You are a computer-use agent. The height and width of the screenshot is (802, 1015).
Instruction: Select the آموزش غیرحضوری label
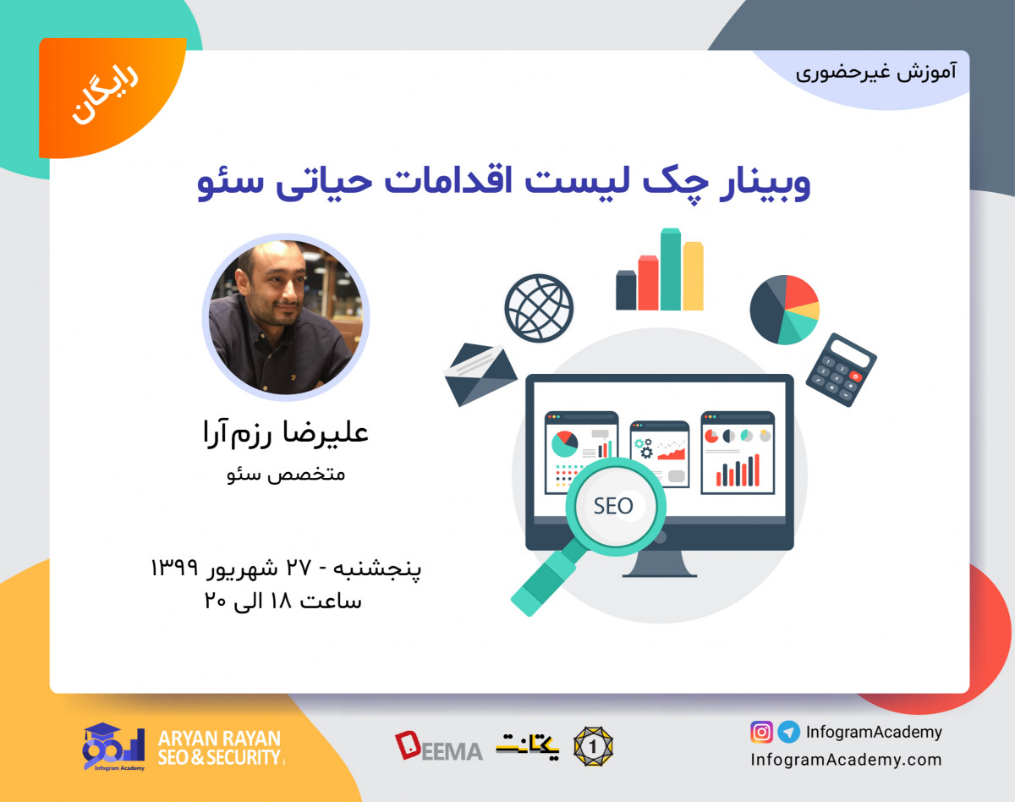click(x=876, y=71)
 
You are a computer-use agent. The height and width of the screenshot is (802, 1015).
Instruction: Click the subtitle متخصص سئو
click(x=287, y=474)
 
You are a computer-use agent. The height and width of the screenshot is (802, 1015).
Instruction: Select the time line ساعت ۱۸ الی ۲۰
click(x=283, y=601)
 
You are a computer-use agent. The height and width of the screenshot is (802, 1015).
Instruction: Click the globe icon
click(x=539, y=307)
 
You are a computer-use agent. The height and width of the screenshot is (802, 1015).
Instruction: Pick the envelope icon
click(x=480, y=373)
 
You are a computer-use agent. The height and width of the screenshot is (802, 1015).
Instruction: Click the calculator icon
click(x=841, y=370)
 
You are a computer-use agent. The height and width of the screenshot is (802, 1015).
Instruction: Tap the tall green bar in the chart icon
click(x=671, y=269)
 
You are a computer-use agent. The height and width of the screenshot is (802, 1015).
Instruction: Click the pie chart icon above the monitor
click(x=784, y=310)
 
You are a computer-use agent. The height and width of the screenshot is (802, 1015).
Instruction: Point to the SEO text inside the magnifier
click(x=613, y=506)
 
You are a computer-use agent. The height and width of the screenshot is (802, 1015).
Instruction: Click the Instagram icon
click(x=761, y=732)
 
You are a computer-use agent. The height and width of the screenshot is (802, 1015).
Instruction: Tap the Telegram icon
click(x=788, y=732)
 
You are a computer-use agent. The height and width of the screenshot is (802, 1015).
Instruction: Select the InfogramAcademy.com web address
click(x=846, y=759)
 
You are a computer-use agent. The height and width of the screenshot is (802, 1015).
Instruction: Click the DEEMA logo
click(x=438, y=746)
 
